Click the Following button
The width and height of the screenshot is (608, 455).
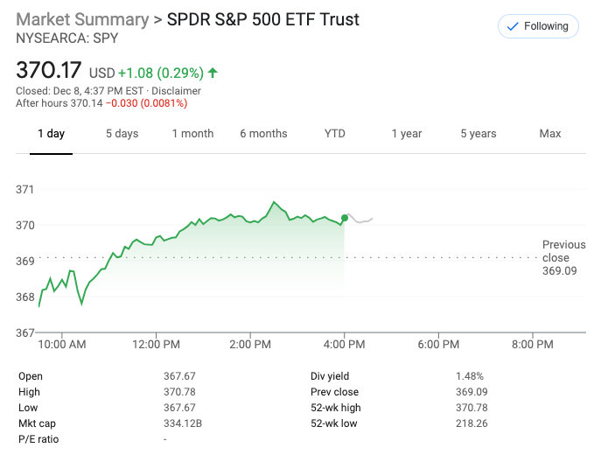(x=538, y=26)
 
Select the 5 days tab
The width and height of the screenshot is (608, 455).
(x=122, y=134)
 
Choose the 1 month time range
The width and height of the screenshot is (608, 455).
(x=192, y=134)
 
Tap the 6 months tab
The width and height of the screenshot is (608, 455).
(x=263, y=134)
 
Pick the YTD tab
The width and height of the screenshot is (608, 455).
(x=335, y=134)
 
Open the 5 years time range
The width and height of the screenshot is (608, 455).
(x=479, y=134)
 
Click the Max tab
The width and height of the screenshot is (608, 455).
(x=550, y=134)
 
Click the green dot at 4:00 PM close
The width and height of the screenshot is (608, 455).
(x=345, y=218)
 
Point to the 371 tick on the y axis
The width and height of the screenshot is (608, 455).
(x=25, y=189)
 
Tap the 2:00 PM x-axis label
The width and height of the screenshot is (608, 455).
(x=250, y=345)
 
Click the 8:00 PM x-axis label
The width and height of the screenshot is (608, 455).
(x=533, y=345)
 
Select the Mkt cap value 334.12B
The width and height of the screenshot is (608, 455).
(x=183, y=423)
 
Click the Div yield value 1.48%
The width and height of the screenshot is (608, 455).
(x=469, y=376)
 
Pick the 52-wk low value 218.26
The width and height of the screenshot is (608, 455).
(x=472, y=423)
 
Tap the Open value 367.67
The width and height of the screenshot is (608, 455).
(x=179, y=376)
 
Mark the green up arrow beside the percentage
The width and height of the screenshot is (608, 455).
(x=213, y=73)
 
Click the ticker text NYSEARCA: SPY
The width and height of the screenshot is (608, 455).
(x=67, y=38)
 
